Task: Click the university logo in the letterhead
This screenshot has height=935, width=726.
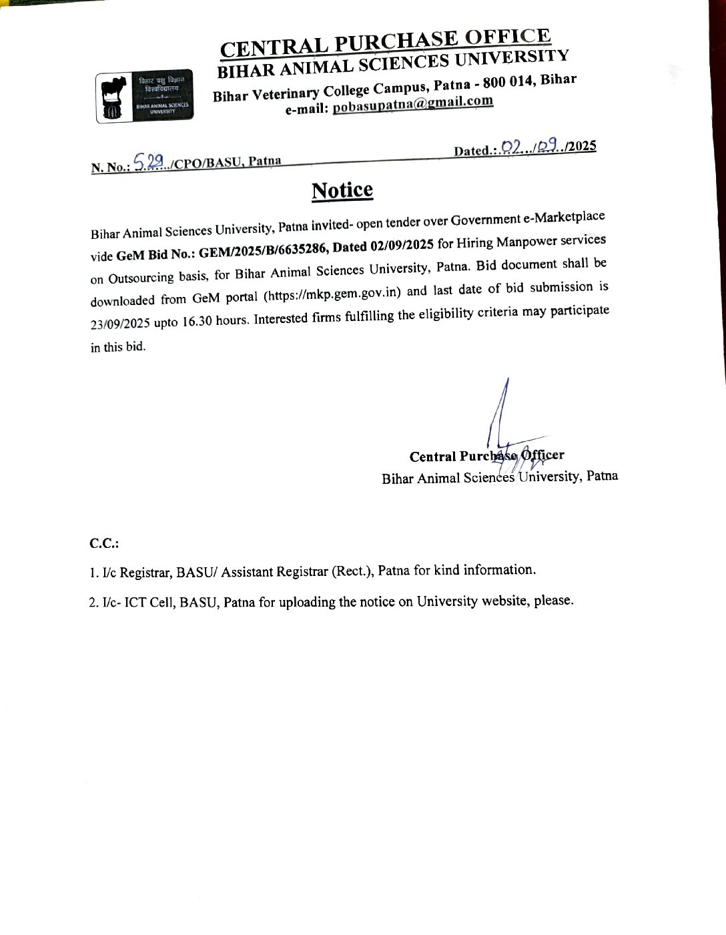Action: click(144, 96)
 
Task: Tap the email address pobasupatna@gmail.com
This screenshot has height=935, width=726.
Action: click(413, 104)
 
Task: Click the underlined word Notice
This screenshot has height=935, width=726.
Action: click(342, 190)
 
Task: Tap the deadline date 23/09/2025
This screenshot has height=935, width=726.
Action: click(120, 324)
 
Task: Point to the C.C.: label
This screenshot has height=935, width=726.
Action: click(104, 543)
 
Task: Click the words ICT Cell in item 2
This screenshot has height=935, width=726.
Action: click(147, 603)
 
